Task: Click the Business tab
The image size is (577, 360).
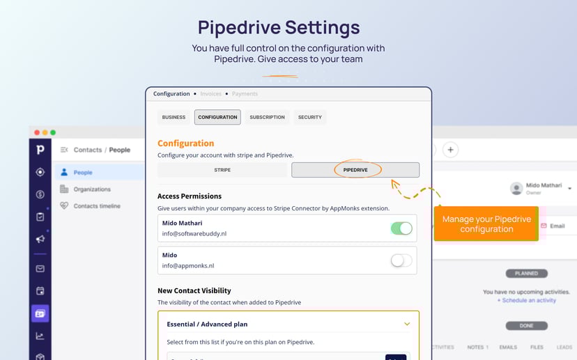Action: tap(174, 117)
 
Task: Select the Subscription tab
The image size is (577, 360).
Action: tap(267, 117)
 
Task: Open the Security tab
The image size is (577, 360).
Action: tap(310, 117)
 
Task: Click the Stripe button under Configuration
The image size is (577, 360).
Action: tap(222, 170)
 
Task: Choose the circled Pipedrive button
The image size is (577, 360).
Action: tap(355, 170)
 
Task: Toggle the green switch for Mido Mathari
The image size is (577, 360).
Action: tap(401, 228)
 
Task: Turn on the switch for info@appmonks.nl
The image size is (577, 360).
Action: tap(401, 260)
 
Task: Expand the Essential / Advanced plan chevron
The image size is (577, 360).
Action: tap(407, 324)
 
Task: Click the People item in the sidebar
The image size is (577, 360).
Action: tap(83, 172)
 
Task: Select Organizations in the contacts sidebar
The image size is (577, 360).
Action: tap(91, 189)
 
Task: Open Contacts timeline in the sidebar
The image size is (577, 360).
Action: tap(96, 206)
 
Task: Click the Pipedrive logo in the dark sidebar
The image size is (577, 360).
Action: tap(40, 149)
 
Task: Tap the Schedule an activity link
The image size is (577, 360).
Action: tap(527, 300)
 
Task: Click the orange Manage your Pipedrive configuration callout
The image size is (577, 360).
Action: tap(486, 224)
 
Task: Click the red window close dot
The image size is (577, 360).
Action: tap(37, 132)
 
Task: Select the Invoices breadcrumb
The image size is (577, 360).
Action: tap(210, 94)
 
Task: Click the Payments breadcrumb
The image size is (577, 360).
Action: tap(245, 94)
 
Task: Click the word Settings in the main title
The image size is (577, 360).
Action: tap(323, 27)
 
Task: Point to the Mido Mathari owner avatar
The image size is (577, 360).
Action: tap(516, 189)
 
